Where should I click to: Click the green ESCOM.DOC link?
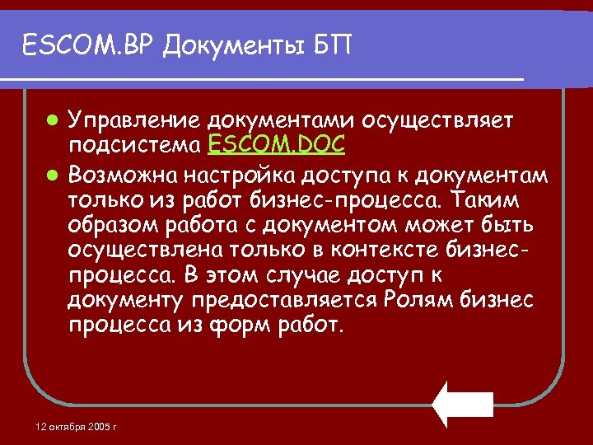click(x=277, y=145)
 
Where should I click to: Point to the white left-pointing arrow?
click(x=463, y=404)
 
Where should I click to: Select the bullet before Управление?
click(x=52, y=120)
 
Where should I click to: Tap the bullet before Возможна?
click(x=52, y=173)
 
